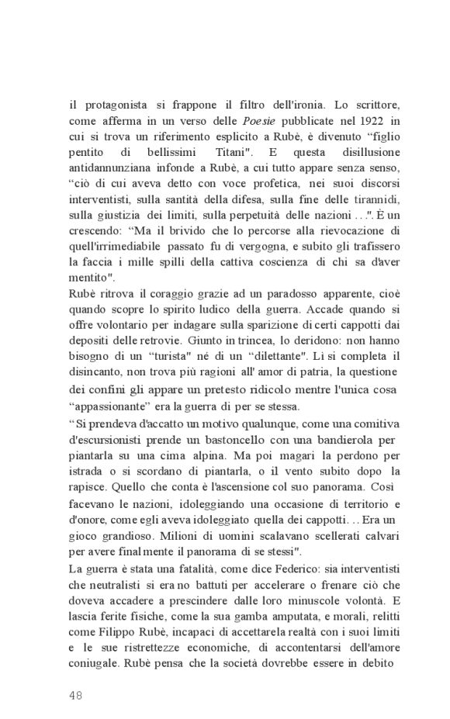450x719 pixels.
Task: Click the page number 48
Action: [x=76, y=694]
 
